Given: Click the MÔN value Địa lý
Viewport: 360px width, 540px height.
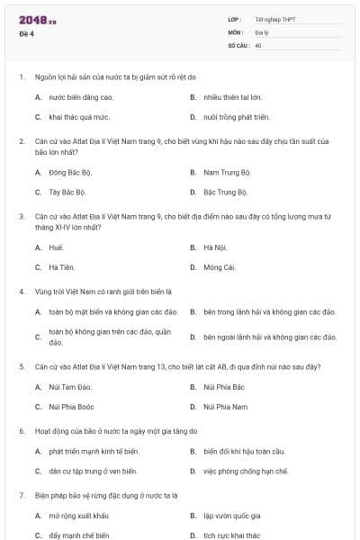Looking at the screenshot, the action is click(262, 31).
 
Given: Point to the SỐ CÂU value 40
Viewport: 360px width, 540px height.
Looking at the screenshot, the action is click(258, 44).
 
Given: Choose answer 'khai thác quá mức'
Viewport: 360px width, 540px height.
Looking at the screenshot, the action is click(73, 117).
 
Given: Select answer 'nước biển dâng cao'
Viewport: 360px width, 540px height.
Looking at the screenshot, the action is click(81, 96).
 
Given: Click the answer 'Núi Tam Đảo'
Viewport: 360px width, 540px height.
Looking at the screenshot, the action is click(71, 386).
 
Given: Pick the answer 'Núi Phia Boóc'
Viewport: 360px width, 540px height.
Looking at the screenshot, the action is click(73, 407).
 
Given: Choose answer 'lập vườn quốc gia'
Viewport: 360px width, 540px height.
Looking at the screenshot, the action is click(231, 516).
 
